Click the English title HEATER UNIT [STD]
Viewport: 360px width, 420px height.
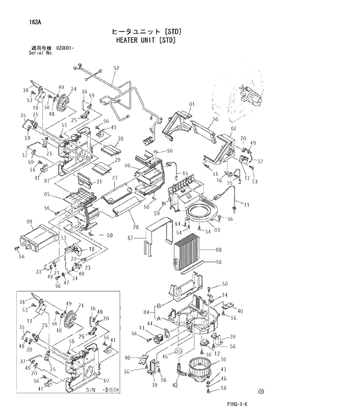[x=146, y=41]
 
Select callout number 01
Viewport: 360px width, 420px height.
[x=190, y=104]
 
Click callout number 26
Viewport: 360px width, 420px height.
[x=214, y=120]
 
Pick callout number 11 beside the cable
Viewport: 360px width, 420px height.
[x=246, y=205]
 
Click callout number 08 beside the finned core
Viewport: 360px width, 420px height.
[x=219, y=250]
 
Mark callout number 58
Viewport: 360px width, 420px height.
[x=219, y=262]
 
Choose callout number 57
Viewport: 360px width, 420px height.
[x=131, y=238]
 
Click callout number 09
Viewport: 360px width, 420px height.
[x=29, y=221]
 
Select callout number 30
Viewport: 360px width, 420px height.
[x=121, y=139]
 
